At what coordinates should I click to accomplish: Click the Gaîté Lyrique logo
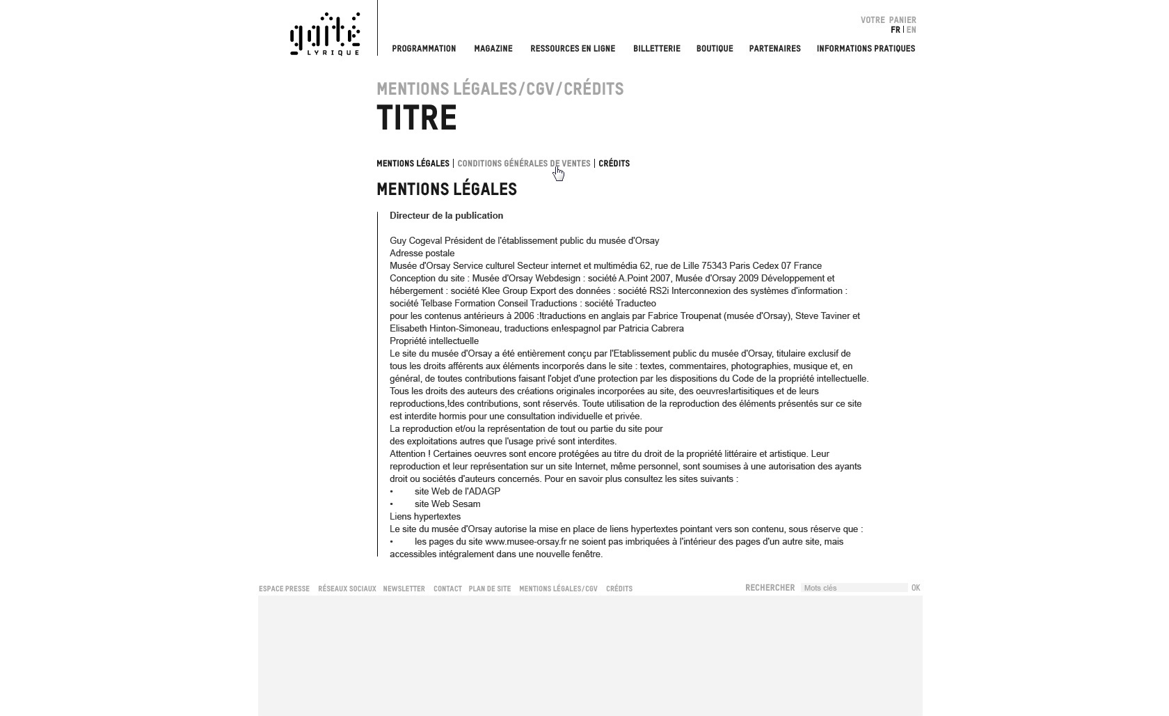[325, 33]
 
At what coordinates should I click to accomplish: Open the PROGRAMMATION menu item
[424, 49]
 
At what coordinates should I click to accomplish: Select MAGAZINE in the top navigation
[493, 49]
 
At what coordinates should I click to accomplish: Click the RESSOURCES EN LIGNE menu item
[573, 49]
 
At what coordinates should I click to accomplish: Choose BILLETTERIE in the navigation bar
[656, 49]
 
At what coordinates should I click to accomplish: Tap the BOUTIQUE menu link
[715, 49]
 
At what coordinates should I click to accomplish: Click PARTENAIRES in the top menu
[774, 49]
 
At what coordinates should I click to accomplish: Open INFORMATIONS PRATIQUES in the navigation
[866, 49]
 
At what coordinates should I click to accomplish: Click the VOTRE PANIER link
[888, 20]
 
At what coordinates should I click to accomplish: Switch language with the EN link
[912, 30]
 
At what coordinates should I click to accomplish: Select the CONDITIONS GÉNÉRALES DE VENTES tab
[523, 164]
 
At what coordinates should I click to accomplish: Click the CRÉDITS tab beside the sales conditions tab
[614, 164]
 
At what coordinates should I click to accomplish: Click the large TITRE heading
[417, 118]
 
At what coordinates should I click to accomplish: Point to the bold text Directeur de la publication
[446, 216]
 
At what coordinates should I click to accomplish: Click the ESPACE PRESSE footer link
[284, 589]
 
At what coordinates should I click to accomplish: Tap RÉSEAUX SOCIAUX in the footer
[347, 589]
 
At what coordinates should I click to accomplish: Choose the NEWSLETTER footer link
[404, 589]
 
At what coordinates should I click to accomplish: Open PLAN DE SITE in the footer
[489, 589]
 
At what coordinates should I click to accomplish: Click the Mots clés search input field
[854, 588]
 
